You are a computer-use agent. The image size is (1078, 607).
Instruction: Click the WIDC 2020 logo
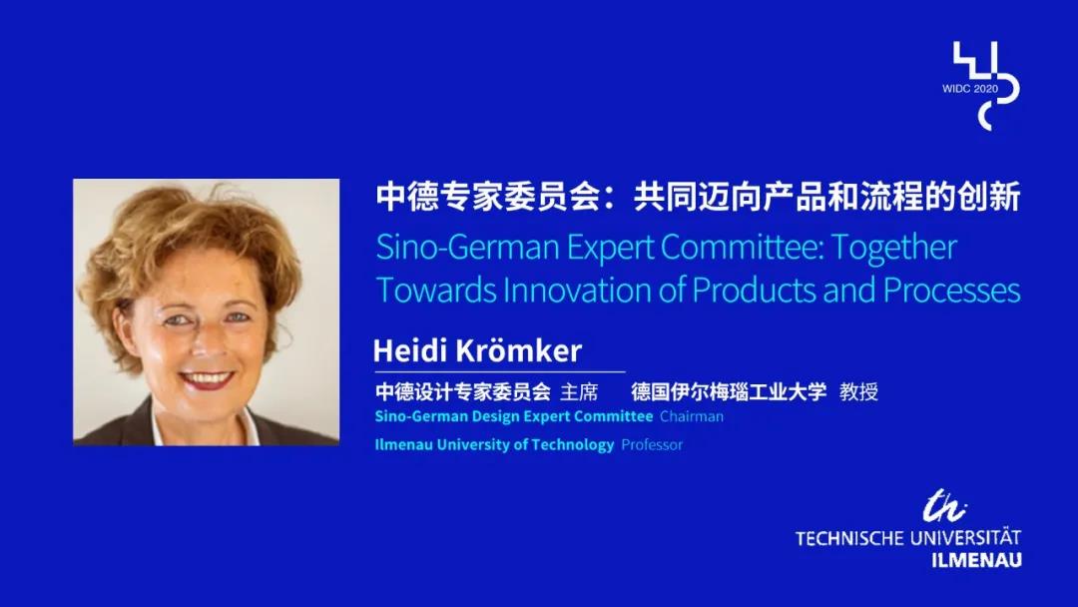click(x=982, y=86)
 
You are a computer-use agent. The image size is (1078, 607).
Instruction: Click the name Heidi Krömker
click(x=477, y=350)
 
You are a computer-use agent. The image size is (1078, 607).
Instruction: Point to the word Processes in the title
click(x=951, y=290)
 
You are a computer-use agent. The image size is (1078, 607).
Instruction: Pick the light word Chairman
click(x=692, y=416)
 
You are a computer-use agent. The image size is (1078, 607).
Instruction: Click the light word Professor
click(x=652, y=444)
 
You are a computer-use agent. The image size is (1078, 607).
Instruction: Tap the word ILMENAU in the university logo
click(x=976, y=559)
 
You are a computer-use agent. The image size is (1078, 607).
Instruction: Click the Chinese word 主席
click(x=579, y=391)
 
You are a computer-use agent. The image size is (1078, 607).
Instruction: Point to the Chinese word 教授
click(x=858, y=391)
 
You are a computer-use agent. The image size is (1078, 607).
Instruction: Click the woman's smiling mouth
click(x=207, y=378)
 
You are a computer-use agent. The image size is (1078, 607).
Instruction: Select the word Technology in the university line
click(x=572, y=444)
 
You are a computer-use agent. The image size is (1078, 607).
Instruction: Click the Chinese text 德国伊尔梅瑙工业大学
click(x=729, y=391)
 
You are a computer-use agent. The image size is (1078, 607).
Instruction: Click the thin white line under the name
click(x=500, y=372)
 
